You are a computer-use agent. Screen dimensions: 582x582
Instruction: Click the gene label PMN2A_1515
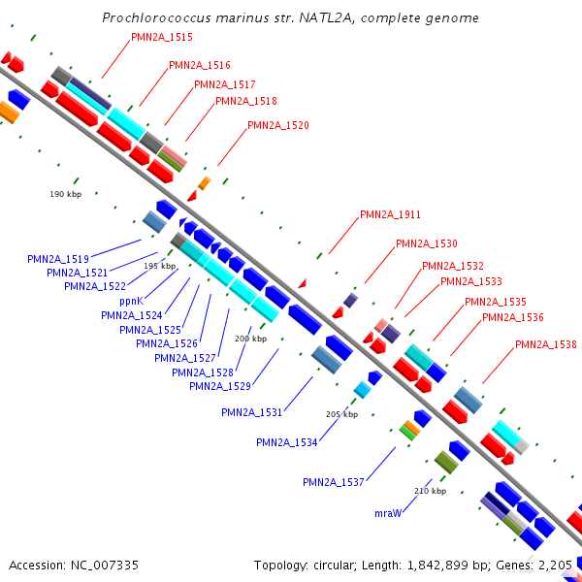pos(161,37)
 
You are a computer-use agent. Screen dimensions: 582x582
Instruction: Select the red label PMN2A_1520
pos(277,125)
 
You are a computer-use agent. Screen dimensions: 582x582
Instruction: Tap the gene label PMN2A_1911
pos(390,214)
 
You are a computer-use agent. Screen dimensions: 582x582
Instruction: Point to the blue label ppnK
pos(132,301)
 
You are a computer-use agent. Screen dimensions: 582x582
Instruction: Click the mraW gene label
pos(388,512)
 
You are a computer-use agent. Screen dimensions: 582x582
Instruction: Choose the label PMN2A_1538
pos(545,344)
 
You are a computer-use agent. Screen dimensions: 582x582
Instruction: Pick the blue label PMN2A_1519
pos(58,259)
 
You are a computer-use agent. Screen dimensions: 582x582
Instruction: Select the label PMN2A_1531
pos(251,412)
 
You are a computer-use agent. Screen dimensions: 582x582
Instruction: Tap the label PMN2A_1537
pos(333,482)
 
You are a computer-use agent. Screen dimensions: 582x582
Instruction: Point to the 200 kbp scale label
pos(250,339)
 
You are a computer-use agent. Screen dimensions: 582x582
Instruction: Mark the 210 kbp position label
pos(430,491)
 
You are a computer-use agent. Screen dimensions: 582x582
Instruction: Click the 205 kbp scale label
pos(341,414)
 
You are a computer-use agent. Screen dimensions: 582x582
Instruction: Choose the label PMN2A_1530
pos(426,243)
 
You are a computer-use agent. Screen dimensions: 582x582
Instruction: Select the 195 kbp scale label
pos(160,266)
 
